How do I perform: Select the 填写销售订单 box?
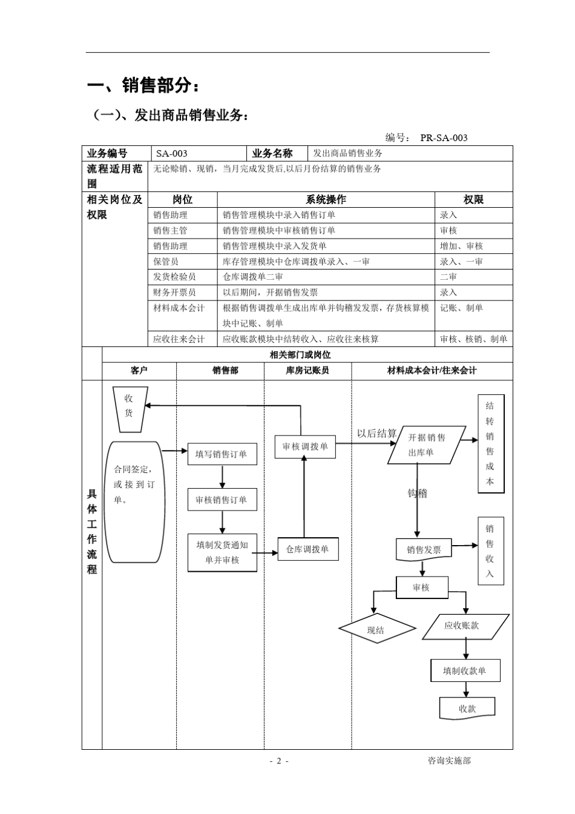pyautogui.click(x=222, y=454)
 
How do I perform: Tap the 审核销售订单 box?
pyautogui.click(x=222, y=500)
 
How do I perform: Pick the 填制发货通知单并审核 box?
pyautogui.click(x=222, y=552)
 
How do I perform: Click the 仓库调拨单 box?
pyautogui.click(x=307, y=549)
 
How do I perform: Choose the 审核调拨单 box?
pyautogui.click(x=304, y=446)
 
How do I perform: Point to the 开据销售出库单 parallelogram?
pyautogui.click(x=426, y=445)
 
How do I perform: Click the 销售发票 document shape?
pyautogui.click(x=424, y=550)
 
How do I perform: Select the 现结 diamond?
pyautogui.click(x=376, y=630)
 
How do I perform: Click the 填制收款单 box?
pyautogui.click(x=465, y=670)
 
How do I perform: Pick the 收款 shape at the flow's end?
pyautogui.click(x=467, y=708)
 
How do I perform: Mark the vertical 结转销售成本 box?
pyautogui.click(x=490, y=444)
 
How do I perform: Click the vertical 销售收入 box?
pyautogui.click(x=490, y=551)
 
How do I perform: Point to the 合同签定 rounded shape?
pyautogui.click(x=134, y=501)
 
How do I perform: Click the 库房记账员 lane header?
pyautogui.click(x=307, y=371)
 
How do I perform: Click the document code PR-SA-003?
pyautogui.click(x=444, y=137)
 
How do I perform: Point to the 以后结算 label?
pyautogui.click(x=376, y=433)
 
